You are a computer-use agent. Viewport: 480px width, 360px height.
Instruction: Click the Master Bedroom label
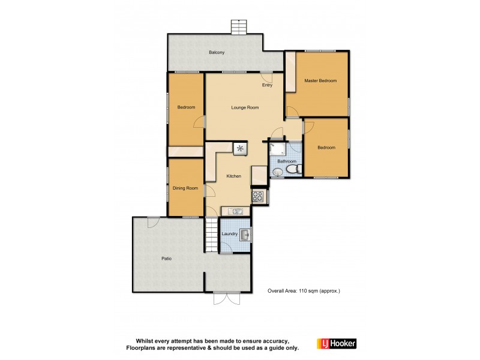click(x=320, y=80)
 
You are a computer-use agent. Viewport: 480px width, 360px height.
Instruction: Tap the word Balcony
click(x=217, y=53)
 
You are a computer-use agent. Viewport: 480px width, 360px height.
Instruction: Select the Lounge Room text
click(x=245, y=107)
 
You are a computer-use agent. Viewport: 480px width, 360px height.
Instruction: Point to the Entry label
click(x=267, y=85)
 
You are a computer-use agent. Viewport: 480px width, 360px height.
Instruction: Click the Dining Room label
click(x=185, y=188)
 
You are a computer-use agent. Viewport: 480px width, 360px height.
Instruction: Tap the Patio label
click(x=166, y=259)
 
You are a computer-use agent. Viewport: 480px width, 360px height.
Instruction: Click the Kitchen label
click(x=233, y=176)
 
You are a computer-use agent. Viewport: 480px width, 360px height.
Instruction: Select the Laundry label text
click(x=229, y=234)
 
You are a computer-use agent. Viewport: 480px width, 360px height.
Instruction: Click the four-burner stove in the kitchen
click(x=259, y=195)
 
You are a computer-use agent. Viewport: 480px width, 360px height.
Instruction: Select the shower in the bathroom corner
click(x=278, y=149)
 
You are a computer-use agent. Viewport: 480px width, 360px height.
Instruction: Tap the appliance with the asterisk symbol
click(x=241, y=148)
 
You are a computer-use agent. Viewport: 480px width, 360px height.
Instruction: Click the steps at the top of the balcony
click(x=239, y=28)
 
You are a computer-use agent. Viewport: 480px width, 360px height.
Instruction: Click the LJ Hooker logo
click(x=340, y=343)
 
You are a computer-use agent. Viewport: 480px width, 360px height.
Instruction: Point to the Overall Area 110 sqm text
click(x=304, y=290)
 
